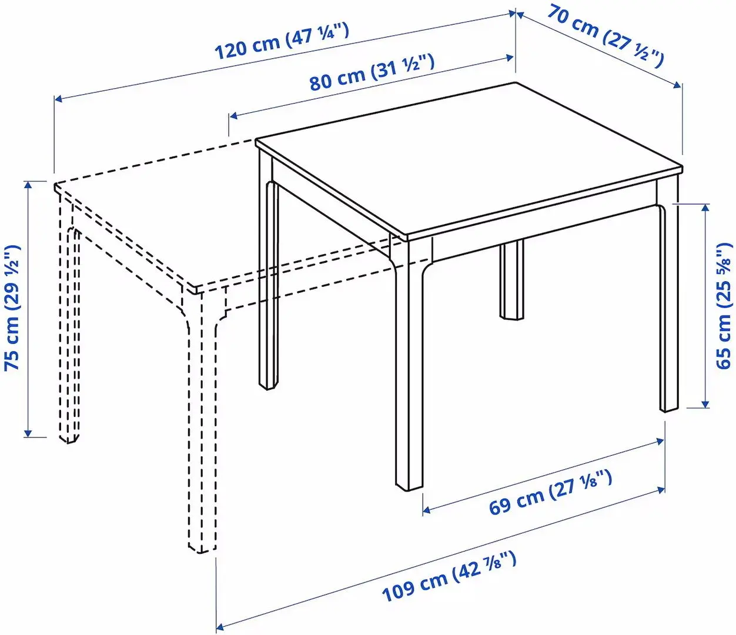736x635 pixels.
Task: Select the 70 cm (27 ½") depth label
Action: [605, 35]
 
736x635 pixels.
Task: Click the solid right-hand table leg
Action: [668, 306]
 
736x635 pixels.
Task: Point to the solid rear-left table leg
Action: [268, 282]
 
